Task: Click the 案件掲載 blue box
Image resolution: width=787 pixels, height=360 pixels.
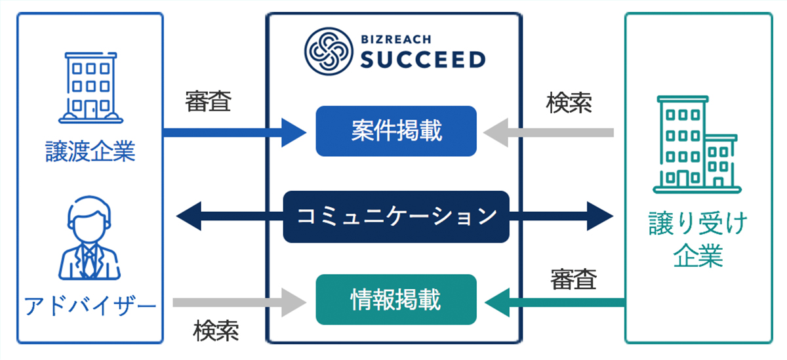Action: tap(395, 131)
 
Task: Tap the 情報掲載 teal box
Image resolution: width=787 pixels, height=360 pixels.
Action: tap(395, 300)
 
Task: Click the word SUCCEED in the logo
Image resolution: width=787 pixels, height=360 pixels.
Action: tap(423, 60)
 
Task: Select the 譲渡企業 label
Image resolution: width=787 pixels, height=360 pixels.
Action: tap(90, 152)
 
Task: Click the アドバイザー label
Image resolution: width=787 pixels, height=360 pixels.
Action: tap(90, 305)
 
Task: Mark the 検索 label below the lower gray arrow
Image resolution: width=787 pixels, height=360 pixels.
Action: tap(216, 332)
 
